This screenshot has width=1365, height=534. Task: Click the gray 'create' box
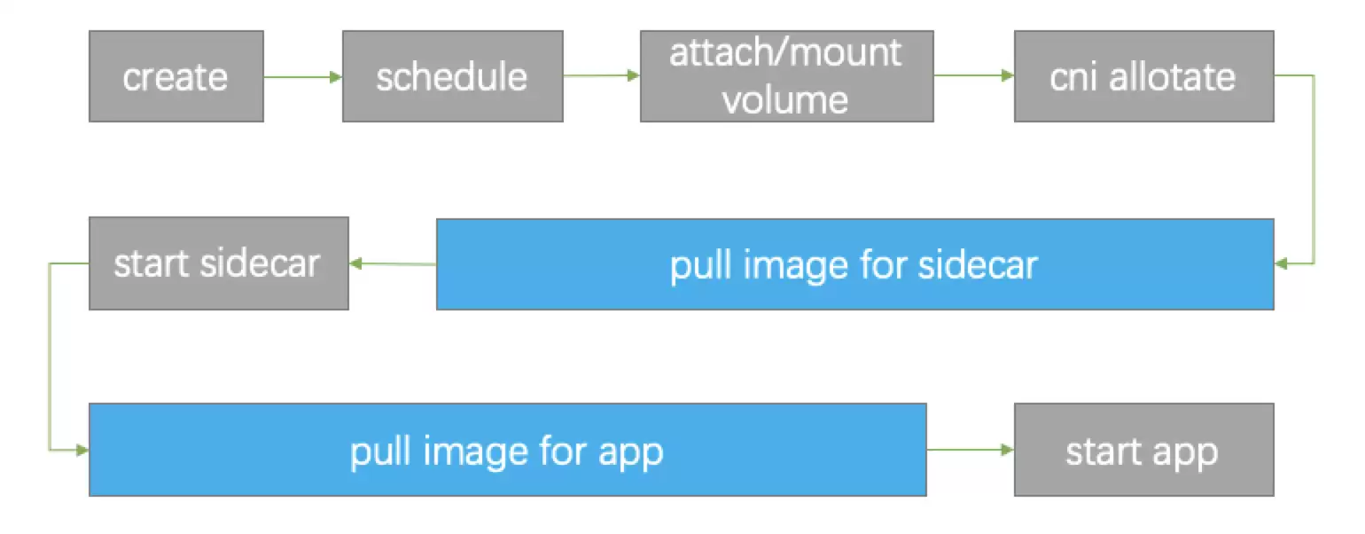pyautogui.click(x=176, y=76)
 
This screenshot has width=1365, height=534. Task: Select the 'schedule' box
pyautogui.click(x=452, y=76)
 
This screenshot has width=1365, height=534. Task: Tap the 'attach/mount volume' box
pyautogui.click(x=787, y=76)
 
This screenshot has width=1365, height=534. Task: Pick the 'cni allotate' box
pyautogui.click(x=1143, y=76)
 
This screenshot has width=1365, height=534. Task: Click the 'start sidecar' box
pyautogui.click(x=219, y=263)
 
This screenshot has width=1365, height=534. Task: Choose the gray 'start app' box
pyautogui.click(x=1143, y=450)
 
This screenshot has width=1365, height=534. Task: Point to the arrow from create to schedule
pyautogui.click(x=303, y=77)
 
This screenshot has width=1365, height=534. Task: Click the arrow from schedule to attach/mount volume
pyautogui.click(x=602, y=75)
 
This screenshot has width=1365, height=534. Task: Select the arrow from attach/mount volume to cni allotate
pyautogui.click(x=974, y=75)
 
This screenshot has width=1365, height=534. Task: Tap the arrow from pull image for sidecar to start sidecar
pyautogui.click(x=393, y=264)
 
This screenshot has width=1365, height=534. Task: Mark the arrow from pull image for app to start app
pyautogui.click(x=971, y=450)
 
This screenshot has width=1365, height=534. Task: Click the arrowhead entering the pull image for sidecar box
pyautogui.click(x=1280, y=264)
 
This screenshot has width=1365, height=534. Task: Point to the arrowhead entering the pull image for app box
pyautogui.click(x=82, y=451)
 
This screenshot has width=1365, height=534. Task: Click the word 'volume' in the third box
pyautogui.click(x=785, y=100)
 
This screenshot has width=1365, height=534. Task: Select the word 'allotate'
pyautogui.click(x=1172, y=77)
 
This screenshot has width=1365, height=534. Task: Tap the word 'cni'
pyautogui.click(x=1072, y=77)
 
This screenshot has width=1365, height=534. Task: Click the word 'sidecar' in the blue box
pyautogui.click(x=978, y=266)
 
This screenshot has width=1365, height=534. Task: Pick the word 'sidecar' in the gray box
pyautogui.click(x=261, y=264)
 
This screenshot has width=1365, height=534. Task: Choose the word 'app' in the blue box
pyautogui.click(x=631, y=454)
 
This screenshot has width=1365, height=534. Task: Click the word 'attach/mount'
pyautogui.click(x=785, y=52)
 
